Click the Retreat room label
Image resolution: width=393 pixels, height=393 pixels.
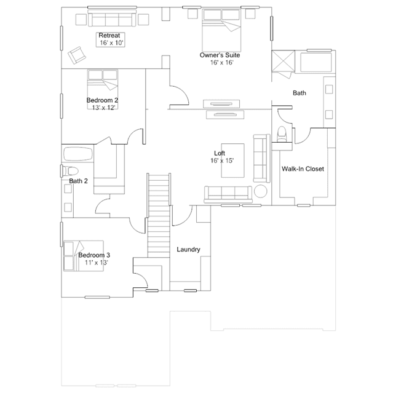109,35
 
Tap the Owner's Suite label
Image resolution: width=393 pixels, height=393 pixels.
220,55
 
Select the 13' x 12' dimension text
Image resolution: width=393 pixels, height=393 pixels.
103,108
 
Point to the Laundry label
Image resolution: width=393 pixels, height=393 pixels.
188,249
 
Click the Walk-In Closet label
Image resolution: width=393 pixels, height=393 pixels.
303,169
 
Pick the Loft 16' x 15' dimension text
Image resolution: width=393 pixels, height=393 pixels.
222,161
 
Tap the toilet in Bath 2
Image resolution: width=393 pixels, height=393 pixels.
70,171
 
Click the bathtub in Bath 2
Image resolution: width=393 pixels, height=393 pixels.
78,154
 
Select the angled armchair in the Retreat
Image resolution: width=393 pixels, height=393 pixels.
77,55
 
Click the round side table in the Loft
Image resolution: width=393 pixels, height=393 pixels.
261,191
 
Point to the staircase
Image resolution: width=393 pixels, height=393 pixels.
159,215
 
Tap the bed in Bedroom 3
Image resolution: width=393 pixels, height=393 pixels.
84,256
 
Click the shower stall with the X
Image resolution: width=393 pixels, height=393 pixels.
284,61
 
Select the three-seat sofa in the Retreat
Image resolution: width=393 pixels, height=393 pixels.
112,18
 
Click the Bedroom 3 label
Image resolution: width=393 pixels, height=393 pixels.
94,255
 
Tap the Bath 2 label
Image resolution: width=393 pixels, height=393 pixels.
79,181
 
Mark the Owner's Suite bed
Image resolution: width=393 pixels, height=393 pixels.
221,30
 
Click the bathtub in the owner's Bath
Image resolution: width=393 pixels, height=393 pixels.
316,62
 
